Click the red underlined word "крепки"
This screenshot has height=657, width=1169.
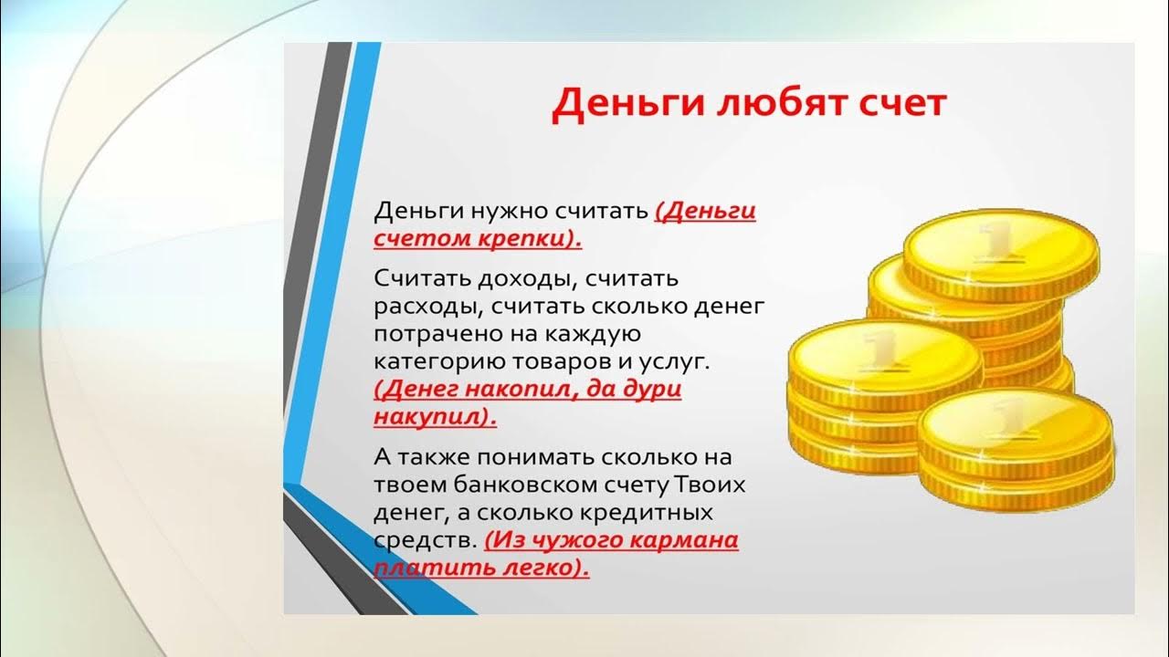tap(532, 239)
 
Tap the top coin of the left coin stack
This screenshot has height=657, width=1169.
tap(883, 351)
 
